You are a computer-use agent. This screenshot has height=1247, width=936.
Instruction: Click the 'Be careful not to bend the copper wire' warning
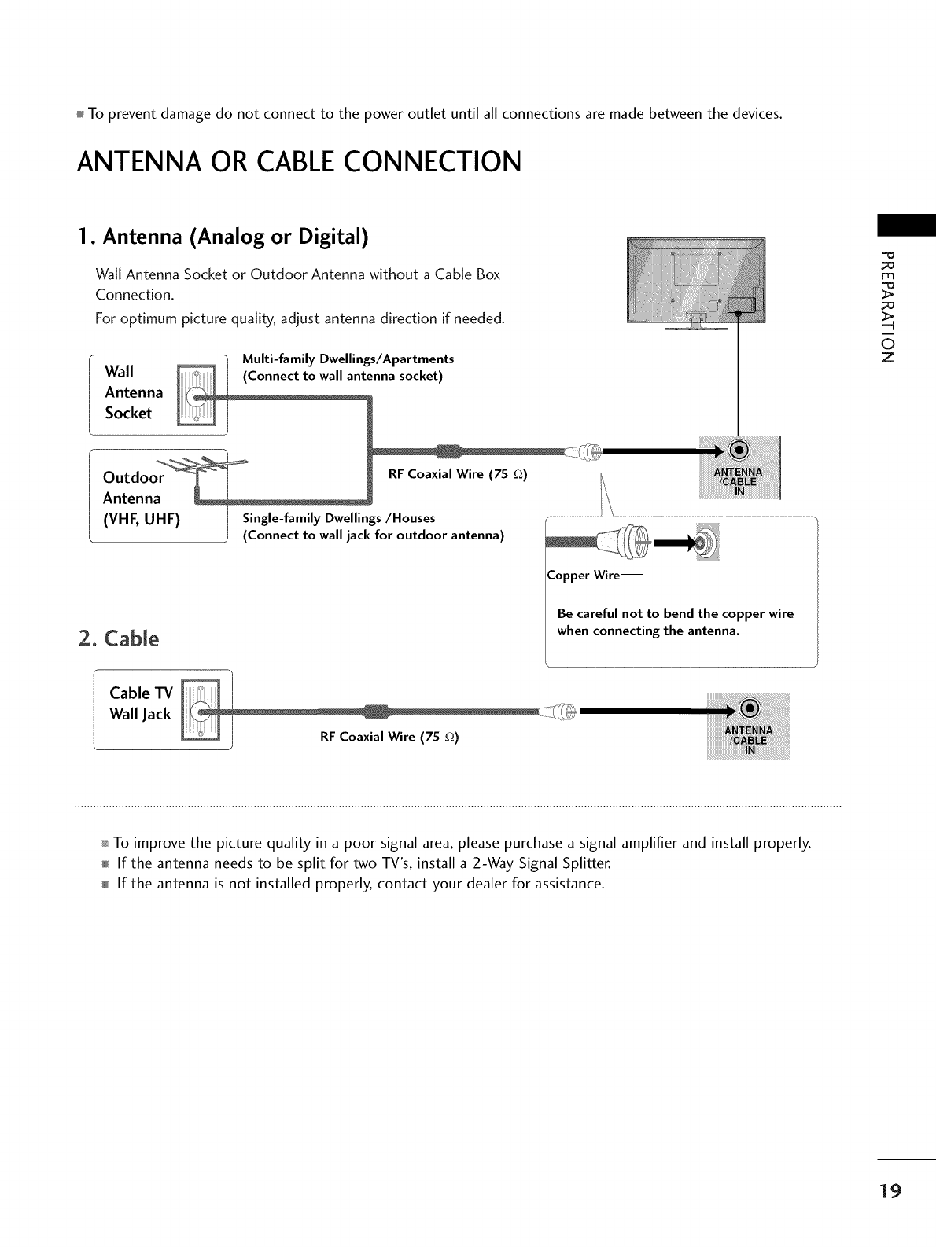click(675, 613)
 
